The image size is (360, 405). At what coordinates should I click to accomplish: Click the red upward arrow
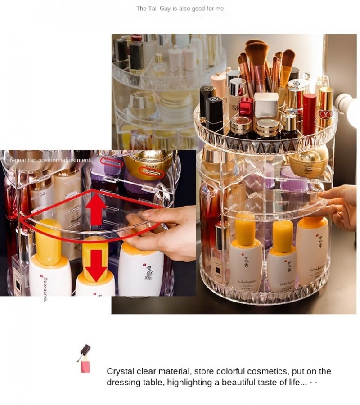(97, 208)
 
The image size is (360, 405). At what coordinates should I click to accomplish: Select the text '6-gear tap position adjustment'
(49, 160)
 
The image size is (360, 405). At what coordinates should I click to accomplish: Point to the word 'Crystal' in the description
(120, 371)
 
